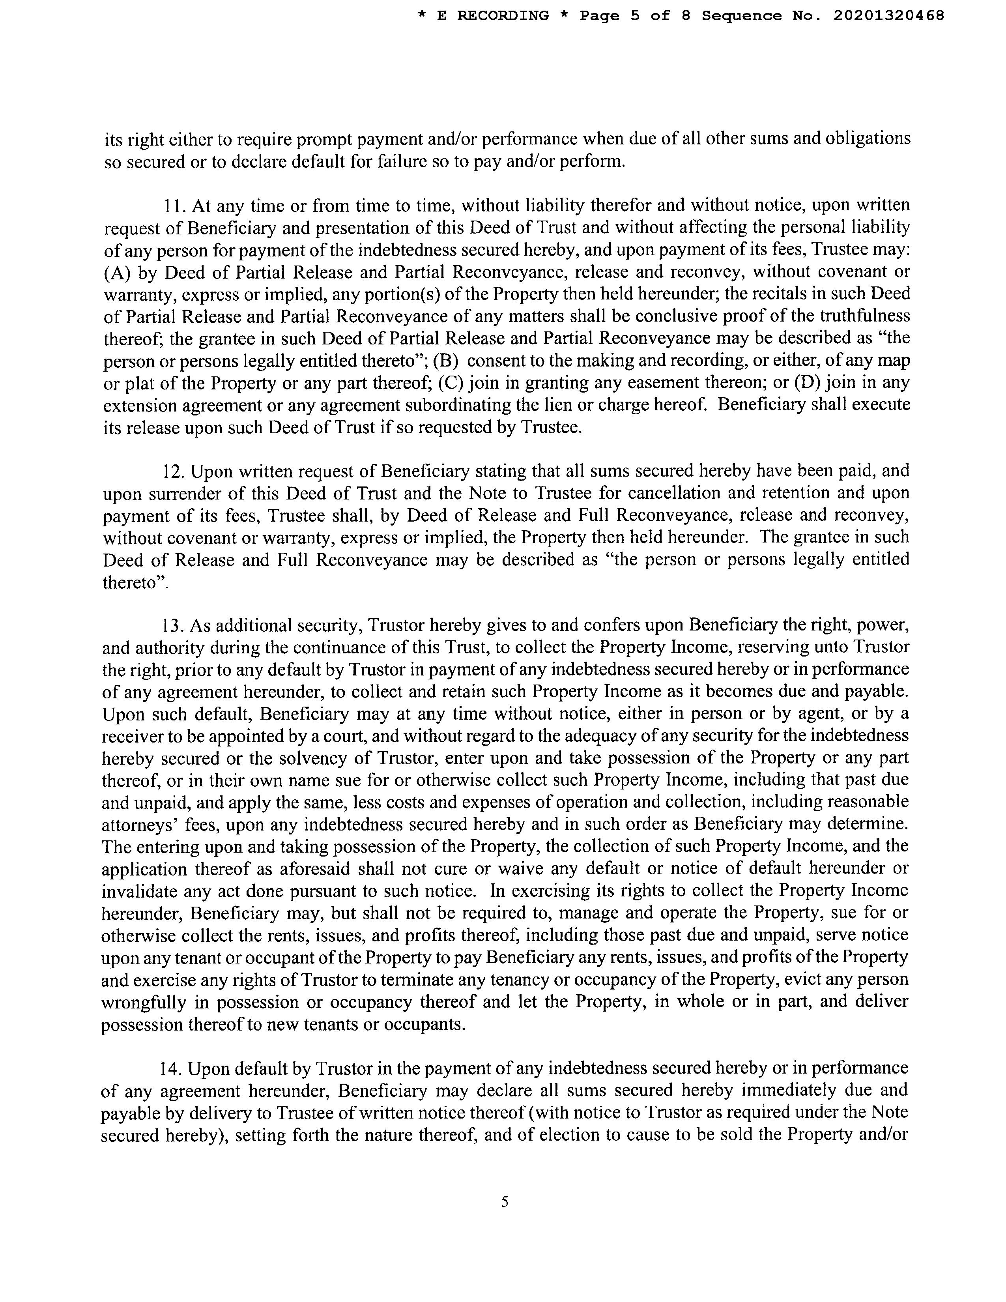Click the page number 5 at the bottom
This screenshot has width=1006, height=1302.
pyautogui.click(x=504, y=1202)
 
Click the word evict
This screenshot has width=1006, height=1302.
pyautogui.click(x=813, y=980)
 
